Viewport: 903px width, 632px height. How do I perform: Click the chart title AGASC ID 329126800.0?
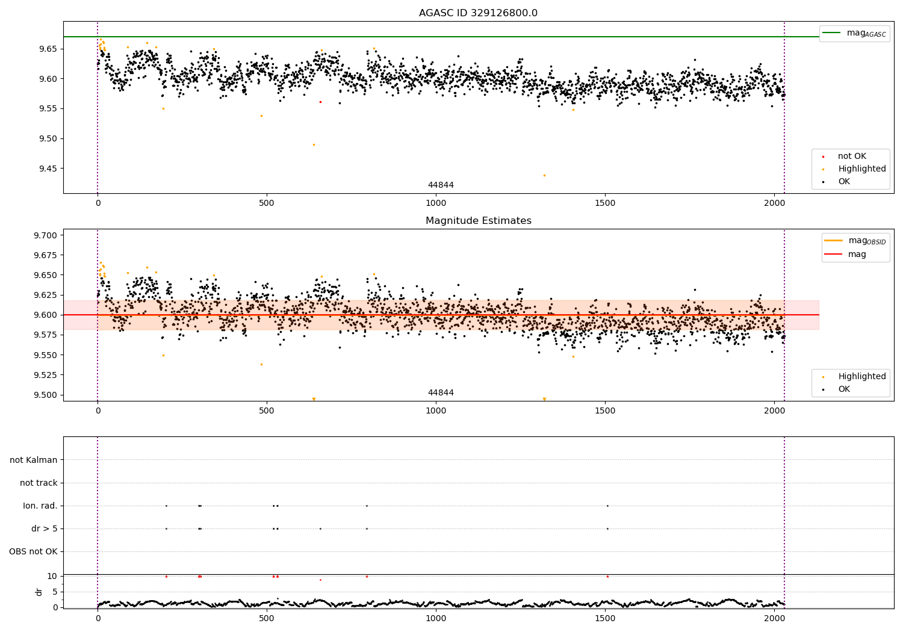478,13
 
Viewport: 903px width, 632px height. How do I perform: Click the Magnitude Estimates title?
479,220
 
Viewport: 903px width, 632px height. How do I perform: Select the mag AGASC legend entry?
855,33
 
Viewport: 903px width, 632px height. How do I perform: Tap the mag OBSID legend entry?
855,241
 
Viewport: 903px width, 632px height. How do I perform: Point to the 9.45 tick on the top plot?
48,169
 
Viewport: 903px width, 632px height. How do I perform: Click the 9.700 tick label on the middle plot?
46,235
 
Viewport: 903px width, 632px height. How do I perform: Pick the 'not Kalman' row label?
34,460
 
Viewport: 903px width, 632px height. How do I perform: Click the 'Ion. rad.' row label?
40,506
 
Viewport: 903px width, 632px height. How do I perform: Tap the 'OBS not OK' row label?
34,551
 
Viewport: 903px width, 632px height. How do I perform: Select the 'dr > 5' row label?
45,528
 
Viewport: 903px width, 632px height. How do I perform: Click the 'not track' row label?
39,483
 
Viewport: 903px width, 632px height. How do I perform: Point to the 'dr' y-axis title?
39,592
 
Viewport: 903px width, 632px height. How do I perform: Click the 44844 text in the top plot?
441,185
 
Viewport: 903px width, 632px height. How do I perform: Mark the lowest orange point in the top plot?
544,175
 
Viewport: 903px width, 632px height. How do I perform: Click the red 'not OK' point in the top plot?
320,102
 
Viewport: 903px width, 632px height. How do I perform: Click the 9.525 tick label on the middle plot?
46,375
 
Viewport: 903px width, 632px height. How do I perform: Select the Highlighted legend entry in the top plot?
854,169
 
